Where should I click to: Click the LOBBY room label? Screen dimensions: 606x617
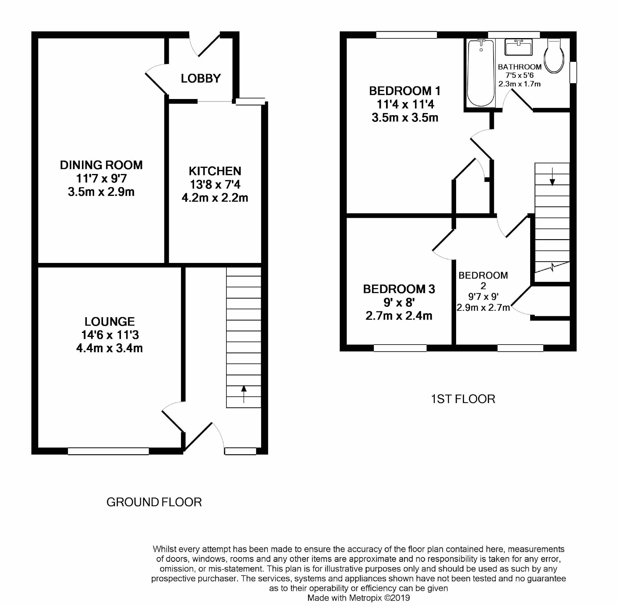(200, 78)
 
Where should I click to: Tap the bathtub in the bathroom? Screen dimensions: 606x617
(481, 73)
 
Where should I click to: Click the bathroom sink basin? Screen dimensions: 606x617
(519, 48)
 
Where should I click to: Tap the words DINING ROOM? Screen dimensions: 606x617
(101, 165)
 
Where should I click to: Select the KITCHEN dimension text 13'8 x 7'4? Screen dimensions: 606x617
(215, 184)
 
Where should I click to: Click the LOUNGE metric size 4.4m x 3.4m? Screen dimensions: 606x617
(109, 348)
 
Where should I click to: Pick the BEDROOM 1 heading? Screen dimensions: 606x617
(405, 91)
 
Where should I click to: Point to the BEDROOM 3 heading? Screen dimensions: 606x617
(399, 289)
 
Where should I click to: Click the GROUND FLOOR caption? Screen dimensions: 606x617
(154, 502)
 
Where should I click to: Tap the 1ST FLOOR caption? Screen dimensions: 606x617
(463, 399)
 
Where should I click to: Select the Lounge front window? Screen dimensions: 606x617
(108, 451)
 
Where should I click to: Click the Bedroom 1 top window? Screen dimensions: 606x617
(406, 35)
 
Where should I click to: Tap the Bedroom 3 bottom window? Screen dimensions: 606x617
(400, 348)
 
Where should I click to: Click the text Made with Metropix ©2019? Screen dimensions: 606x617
(359, 598)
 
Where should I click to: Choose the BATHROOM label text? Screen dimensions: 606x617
(519, 67)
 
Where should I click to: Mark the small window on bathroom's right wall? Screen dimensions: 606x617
(573, 72)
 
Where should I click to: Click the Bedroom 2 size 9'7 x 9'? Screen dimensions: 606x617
(483, 297)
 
